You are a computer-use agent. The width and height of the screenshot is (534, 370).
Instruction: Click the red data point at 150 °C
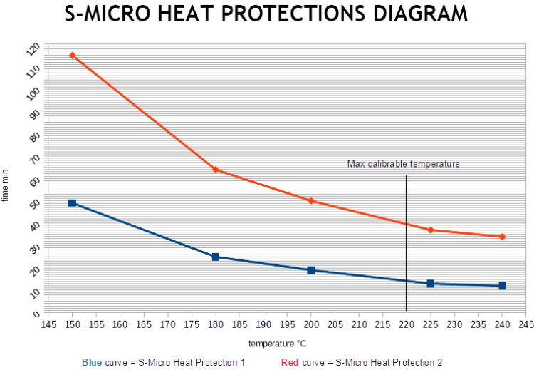click(x=72, y=55)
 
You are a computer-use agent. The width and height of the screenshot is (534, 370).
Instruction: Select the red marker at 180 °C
click(x=215, y=170)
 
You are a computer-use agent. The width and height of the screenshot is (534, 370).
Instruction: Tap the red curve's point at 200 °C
click(x=310, y=200)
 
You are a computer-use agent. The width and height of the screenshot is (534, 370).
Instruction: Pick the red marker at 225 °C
click(x=431, y=230)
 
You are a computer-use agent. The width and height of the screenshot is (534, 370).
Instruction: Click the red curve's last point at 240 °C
click(x=503, y=237)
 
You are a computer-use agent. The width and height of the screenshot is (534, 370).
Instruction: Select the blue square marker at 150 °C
click(x=72, y=203)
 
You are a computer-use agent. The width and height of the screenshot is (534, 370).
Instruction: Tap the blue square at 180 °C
click(x=215, y=257)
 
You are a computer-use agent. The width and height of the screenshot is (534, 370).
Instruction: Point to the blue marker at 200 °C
click(x=310, y=270)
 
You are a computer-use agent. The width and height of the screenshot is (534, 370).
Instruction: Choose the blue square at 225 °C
click(x=431, y=284)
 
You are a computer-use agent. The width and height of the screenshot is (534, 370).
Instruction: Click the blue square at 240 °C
click(x=503, y=286)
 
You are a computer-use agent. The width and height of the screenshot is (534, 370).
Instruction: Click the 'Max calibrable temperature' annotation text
click(x=404, y=164)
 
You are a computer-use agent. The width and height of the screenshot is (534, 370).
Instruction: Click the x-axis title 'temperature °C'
click(x=277, y=344)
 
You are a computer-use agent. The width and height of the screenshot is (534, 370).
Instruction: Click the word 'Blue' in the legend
click(x=91, y=362)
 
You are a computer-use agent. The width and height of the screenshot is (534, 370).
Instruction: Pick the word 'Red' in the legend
click(x=290, y=362)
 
